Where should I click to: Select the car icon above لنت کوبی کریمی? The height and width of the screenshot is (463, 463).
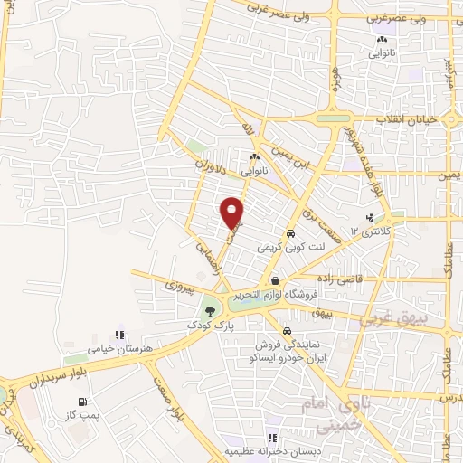point(290,233)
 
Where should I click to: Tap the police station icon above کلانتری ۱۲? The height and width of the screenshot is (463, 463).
point(370,217)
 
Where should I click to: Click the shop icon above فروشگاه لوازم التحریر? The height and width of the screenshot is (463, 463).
point(275,280)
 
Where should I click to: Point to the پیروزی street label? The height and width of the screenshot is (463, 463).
point(178,286)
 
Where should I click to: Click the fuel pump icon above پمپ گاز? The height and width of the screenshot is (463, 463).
point(84,402)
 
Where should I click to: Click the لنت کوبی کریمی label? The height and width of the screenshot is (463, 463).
point(290,246)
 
